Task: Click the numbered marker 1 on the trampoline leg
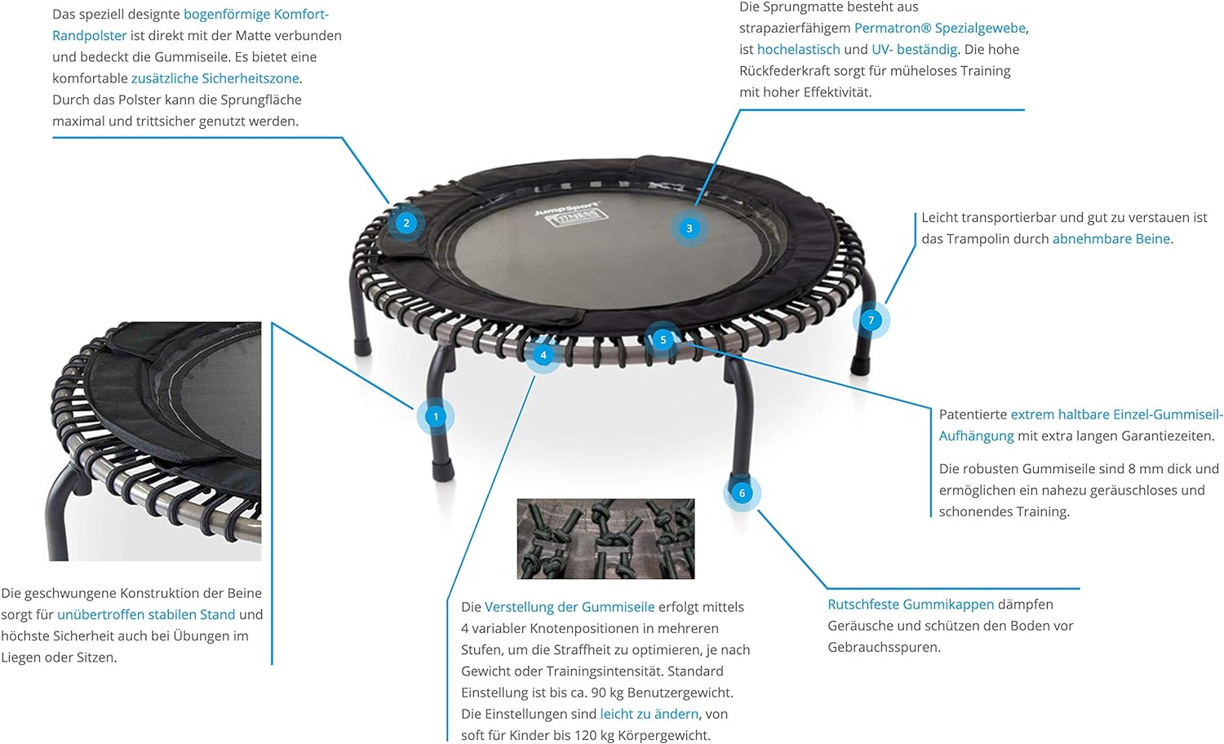436,417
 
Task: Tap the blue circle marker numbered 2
406,223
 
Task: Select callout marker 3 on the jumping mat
689,228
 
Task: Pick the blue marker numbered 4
543,355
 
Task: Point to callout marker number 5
663,339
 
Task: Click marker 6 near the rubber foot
742,494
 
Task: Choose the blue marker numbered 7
871,320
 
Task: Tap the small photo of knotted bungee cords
605,538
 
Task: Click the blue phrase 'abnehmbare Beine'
1111,239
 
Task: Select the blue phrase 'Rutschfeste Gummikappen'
911,604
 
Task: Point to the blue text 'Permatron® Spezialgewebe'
940,28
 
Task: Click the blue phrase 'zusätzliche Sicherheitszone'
215,78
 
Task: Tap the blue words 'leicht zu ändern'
650,714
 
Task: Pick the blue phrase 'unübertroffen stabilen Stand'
146,614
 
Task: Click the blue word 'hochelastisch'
798,49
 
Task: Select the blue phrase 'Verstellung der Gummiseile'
570,607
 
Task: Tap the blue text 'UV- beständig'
914,49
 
